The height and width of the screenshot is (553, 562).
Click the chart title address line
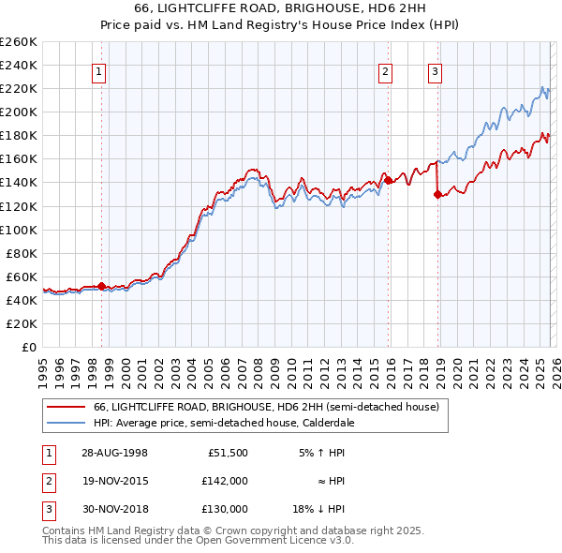(x=281, y=9)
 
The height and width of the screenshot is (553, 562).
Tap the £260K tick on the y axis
(x=20, y=42)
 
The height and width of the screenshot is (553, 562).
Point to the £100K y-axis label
(x=20, y=230)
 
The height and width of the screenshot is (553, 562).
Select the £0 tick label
(x=30, y=347)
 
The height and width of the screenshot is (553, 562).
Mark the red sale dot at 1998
(x=102, y=286)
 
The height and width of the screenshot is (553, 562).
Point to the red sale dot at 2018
(x=436, y=194)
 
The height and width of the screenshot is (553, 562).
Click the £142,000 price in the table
(x=225, y=481)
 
